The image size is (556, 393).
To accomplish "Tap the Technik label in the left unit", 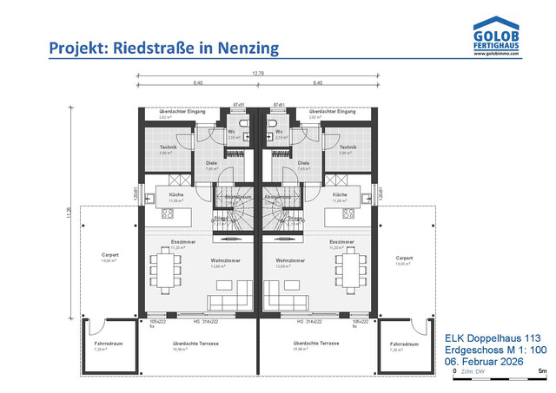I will click(169, 147).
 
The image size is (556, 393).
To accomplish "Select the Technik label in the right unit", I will click(347, 147).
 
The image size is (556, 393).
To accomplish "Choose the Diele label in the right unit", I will click(303, 162).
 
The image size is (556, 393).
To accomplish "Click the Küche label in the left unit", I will click(176, 195).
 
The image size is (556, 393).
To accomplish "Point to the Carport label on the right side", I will click(404, 258).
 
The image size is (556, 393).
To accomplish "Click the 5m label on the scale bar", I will click(541, 371).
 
